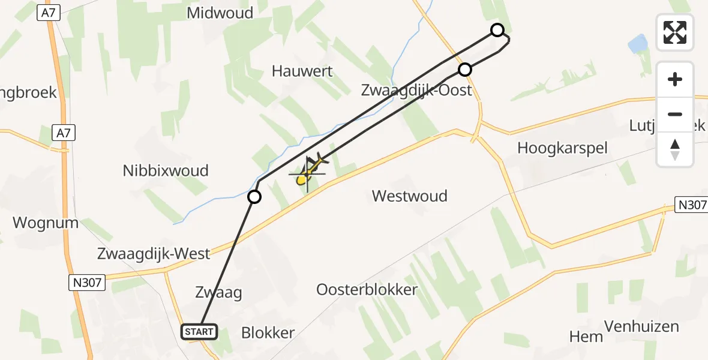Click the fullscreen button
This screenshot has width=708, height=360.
(x=675, y=32)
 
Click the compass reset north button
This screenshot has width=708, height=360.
(x=675, y=149)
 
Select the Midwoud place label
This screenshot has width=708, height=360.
(x=220, y=13)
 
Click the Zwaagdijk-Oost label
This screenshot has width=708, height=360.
(x=416, y=91)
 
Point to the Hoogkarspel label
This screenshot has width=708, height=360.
(x=562, y=148)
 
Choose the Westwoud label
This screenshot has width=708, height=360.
(x=409, y=196)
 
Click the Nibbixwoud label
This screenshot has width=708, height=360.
(x=166, y=170)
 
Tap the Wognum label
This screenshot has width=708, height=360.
(x=46, y=223)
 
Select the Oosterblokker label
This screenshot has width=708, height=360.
(x=367, y=289)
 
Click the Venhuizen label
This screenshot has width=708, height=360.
(x=641, y=326)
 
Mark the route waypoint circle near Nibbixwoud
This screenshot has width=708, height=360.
(x=254, y=197)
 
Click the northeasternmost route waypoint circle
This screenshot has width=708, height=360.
(x=497, y=30)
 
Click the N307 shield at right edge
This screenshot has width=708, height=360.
(x=691, y=205)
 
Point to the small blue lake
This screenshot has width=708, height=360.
(x=637, y=44)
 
